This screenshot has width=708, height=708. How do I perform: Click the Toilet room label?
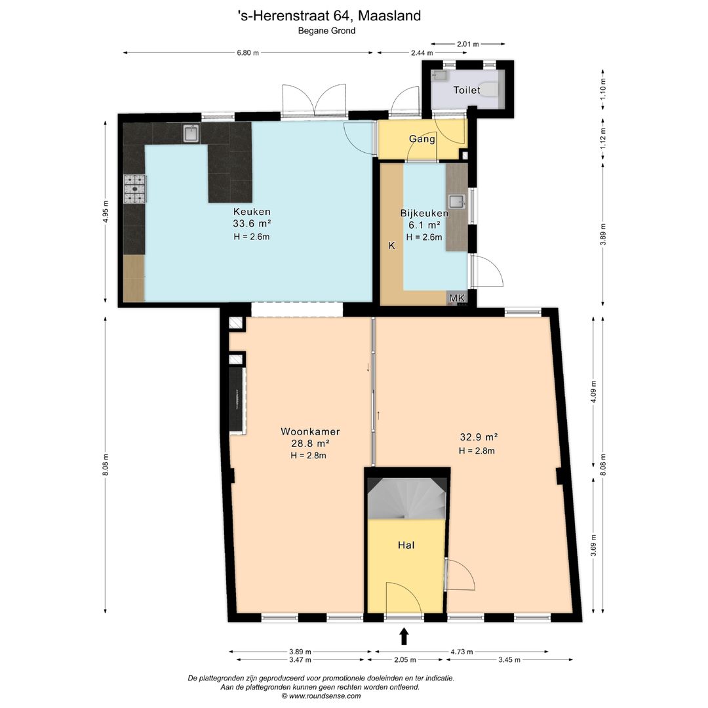466,90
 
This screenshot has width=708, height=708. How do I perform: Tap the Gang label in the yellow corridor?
422,139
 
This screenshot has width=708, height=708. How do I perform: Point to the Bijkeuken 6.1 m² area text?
424,222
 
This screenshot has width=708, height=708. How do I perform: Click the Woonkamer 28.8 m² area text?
309,441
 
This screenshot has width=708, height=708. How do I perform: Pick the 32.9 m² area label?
478,437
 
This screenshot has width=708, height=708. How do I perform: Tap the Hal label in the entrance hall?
406,545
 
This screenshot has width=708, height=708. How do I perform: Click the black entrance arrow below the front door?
404,636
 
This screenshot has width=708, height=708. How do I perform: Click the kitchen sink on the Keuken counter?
191,134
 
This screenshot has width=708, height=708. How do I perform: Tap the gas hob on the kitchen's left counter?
135,189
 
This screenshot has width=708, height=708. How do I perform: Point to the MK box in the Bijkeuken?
457,299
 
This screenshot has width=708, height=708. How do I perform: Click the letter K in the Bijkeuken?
391,246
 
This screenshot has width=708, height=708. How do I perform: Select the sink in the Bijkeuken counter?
456,201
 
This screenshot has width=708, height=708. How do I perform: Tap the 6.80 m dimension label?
247,52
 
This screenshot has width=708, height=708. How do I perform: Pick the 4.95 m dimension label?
105,211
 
